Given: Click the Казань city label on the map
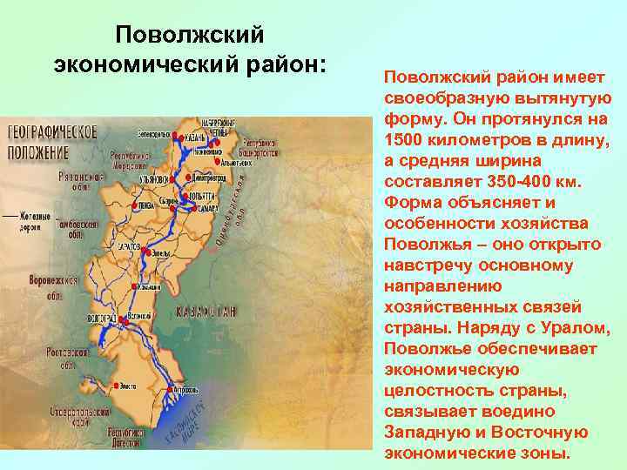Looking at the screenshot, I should point(193,138).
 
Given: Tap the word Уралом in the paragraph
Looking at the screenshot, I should point(575,328).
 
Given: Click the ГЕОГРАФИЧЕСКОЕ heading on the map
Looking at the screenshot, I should point(51,134).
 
